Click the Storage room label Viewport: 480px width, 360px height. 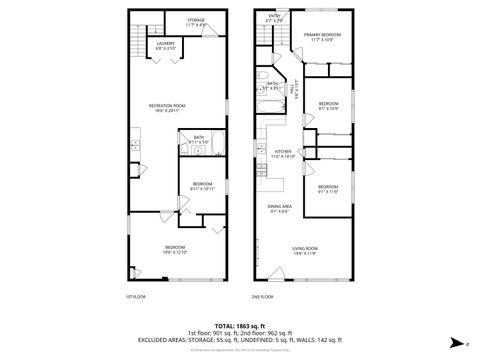point(196,21)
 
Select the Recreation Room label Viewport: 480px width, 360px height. point(168,107)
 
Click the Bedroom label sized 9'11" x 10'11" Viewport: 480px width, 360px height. point(202,186)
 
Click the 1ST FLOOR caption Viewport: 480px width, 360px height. point(136,296)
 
